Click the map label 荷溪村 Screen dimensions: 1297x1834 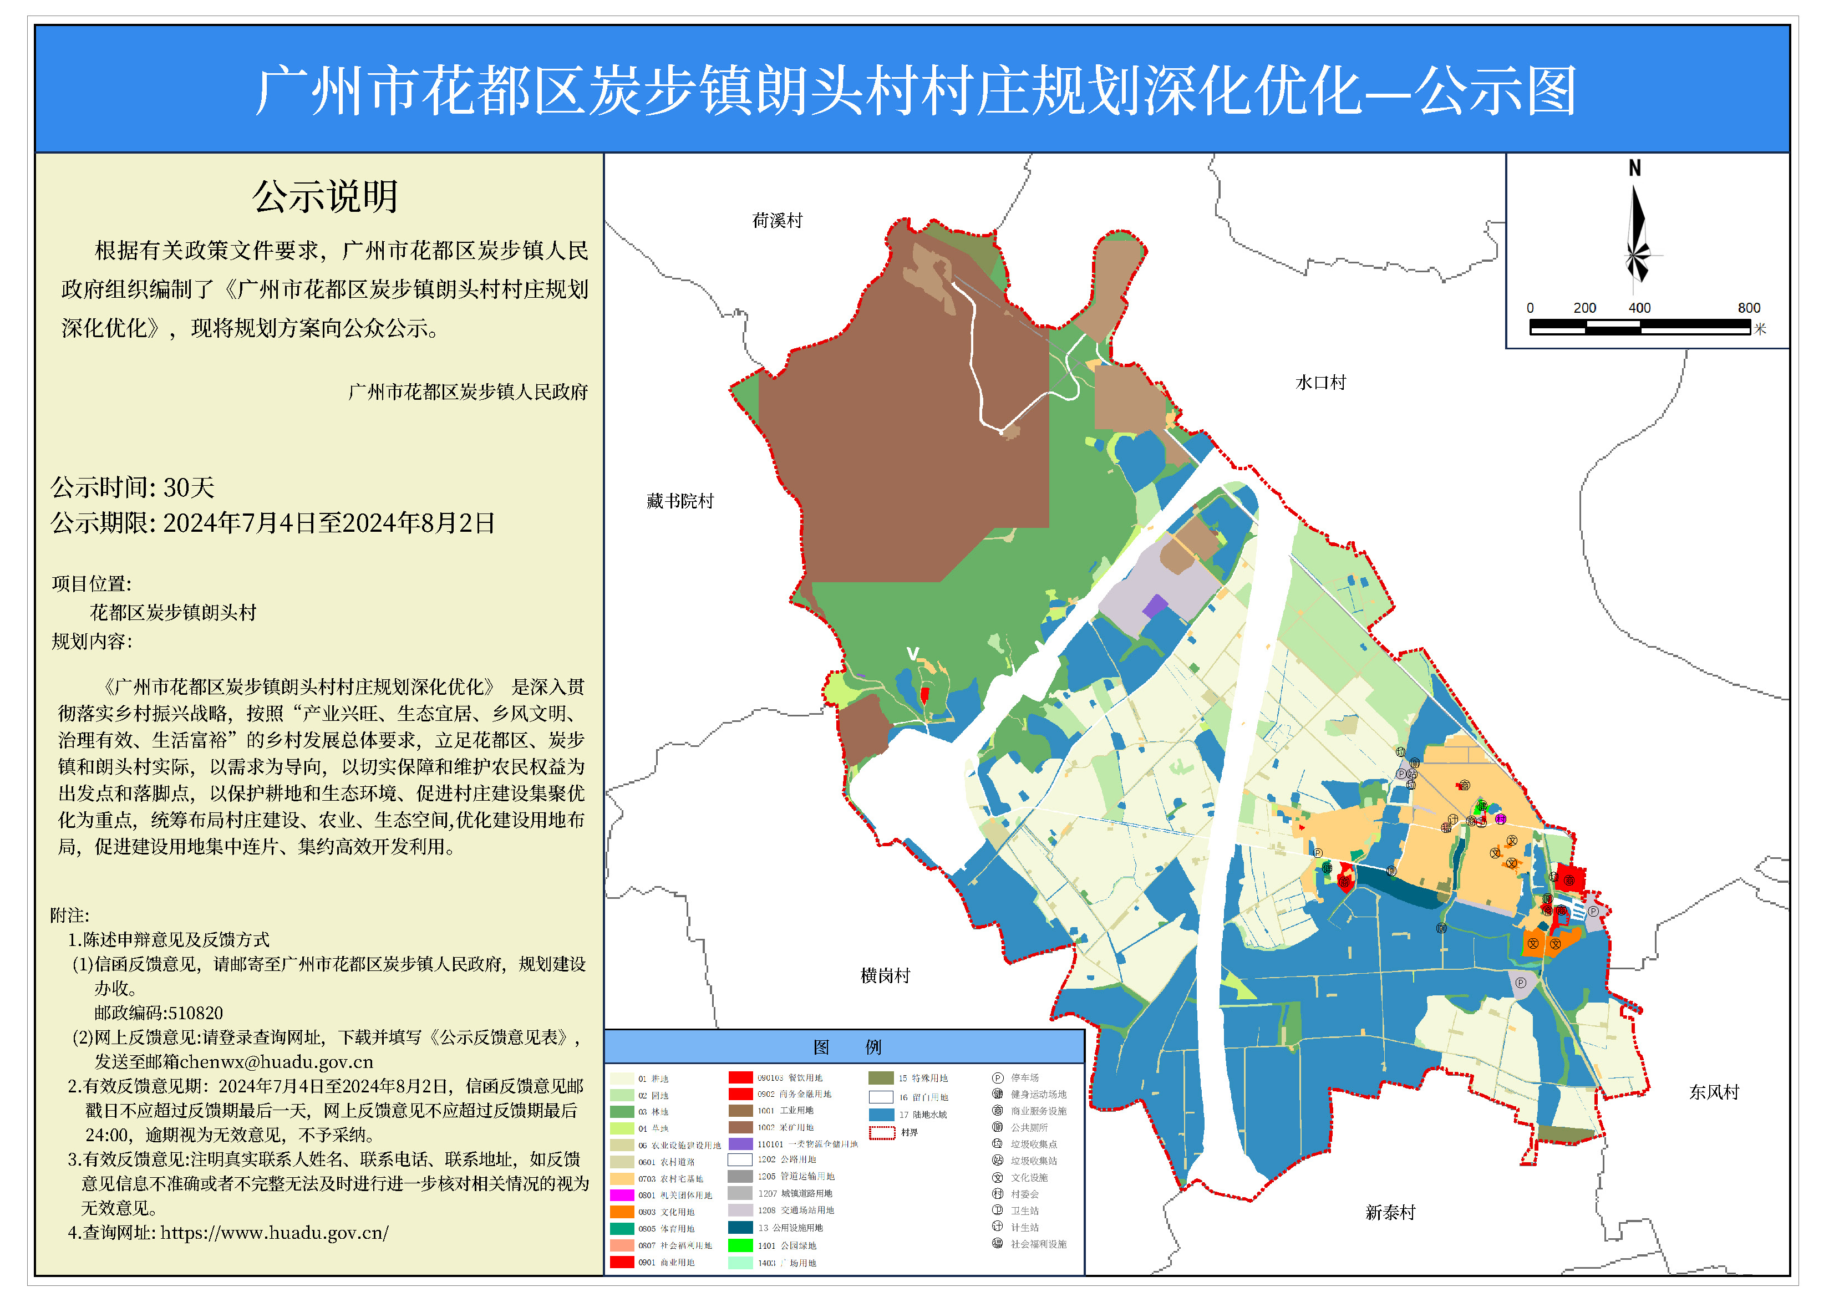click(776, 221)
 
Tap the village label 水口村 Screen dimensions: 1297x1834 click(1320, 383)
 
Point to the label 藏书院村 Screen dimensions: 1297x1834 click(680, 501)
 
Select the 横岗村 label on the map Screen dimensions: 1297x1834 click(885, 975)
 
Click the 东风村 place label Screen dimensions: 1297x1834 click(1714, 1092)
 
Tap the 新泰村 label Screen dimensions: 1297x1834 click(1390, 1212)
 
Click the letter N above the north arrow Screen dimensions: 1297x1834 click(1634, 169)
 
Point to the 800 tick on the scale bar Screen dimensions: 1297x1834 click(1749, 308)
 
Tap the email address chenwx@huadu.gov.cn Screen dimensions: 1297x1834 click(276, 1061)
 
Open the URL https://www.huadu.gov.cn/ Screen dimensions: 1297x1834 click(274, 1232)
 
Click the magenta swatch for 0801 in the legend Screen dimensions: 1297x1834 click(622, 1195)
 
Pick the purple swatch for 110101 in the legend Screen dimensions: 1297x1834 click(740, 1143)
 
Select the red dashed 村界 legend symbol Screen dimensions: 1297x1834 click(882, 1132)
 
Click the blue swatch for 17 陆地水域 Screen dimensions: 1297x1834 click(881, 1114)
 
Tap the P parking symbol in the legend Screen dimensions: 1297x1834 click(997, 1077)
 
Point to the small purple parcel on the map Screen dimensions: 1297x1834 click(1155, 606)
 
